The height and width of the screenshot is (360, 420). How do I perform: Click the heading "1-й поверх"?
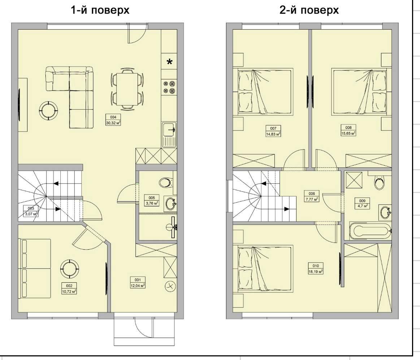tap(100, 10)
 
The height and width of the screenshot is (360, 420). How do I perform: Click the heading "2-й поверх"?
tap(309, 10)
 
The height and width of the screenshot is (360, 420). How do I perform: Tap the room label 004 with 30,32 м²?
tap(113, 120)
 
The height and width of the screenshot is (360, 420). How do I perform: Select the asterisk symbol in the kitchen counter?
tap(170, 62)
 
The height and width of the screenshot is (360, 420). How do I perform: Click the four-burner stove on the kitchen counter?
tap(170, 87)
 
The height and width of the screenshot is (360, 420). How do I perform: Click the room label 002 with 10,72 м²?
tap(69, 289)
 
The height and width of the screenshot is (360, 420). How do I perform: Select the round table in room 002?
tap(70, 268)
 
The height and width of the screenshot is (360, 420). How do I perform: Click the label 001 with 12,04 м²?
tap(138, 283)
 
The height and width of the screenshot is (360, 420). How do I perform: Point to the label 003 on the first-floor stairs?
tap(31, 211)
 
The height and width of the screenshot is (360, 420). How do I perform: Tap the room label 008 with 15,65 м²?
tap(348, 130)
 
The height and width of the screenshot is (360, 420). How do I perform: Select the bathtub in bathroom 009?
tap(370, 231)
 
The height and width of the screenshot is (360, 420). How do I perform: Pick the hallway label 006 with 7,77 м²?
tap(312, 196)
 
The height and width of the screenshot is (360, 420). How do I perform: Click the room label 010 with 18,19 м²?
tap(316, 268)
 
